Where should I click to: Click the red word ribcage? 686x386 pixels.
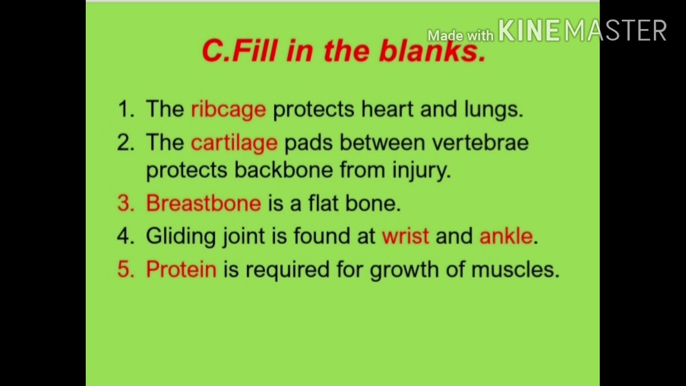pyautogui.click(x=228, y=109)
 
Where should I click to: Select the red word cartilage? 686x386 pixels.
pyautogui.click(x=234, y=143)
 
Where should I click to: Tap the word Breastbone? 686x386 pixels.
pyautogui.click(x=203, y=204)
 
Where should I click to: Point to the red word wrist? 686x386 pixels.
pyautogui.click(x=405, y=236)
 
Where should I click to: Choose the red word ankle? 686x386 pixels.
pyautogui.click(x=506, y=236)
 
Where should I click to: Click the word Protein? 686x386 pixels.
pyautogui.click(x=181, y=269)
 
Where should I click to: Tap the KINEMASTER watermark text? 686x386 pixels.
pyautogui.click(x=582, y=31)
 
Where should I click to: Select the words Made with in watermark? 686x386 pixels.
pyautogui.click(x=460, y=36)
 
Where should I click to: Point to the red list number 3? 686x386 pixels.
pyautogui.click(x=125, y=204)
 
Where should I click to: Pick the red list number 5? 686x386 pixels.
pyautogui.click(x=125, y=269)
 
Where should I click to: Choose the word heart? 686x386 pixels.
pyautogui.click(x=387, y=109)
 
